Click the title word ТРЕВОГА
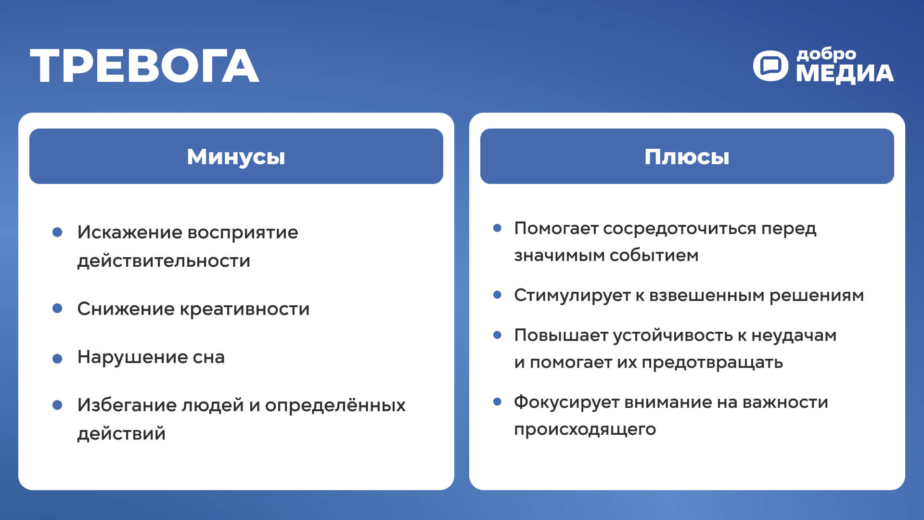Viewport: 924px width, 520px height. (144, 66)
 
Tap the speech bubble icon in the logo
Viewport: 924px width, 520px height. (770, 65)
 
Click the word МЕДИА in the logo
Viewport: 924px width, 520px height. (845, 74)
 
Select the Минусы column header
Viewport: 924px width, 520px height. (236, 156)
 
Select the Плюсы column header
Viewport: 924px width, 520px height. (687, 156)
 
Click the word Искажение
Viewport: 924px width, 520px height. (129, 233)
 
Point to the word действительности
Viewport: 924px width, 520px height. (164, 261)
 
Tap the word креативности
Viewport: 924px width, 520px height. (244, 309)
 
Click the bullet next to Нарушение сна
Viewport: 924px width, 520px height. (57, 358)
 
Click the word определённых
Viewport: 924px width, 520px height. (335, 405)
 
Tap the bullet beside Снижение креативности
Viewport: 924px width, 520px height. (57, 308)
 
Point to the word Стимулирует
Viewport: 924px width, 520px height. (572, 296)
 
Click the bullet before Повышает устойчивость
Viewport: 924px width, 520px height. (498, 335)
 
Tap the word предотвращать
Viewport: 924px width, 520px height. (712, 363)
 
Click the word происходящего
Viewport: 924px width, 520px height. (585, 429)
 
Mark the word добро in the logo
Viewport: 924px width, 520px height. (826, 54)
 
